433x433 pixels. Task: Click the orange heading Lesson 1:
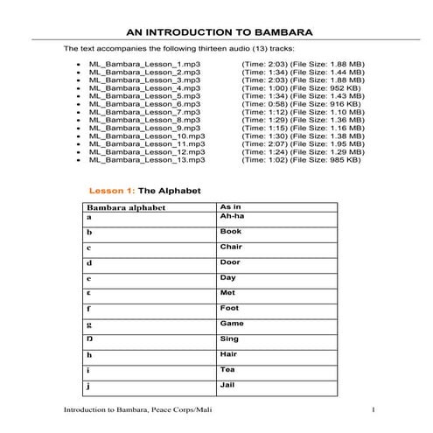click(111, 189)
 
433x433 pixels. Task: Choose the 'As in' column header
click(229, 206)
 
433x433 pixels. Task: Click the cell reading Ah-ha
click(231, 215)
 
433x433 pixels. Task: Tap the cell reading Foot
click(229, 308)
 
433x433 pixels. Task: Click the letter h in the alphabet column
click(89, 355)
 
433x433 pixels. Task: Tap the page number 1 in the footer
click(374, 410)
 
